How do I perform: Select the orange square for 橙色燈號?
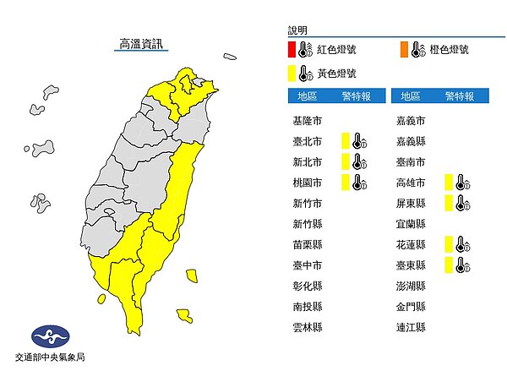click(404, 52)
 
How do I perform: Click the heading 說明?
click(298, 30)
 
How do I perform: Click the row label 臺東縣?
click(412, 265)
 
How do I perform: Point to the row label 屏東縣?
click(412, 203)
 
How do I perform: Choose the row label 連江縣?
click(412, 326)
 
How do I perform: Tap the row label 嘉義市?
click(412, 120)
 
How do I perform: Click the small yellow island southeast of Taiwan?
click(183, 316)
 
